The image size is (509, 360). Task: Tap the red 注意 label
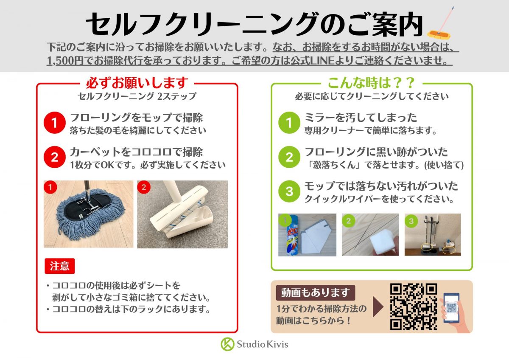(59, 266)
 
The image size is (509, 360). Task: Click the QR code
(413, 307)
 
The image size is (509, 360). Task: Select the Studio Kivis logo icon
(227, 344)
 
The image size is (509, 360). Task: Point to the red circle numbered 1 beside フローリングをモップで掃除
(55, 123)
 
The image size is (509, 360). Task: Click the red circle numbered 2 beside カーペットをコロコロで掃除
(55, 157)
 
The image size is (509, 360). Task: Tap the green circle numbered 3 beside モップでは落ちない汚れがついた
(289, 191)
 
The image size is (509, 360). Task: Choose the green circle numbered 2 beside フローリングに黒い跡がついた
(289, 157)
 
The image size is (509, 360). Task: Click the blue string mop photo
(88, 214)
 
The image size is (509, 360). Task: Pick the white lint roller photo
(182, 214)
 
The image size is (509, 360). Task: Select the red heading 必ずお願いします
(137, 83)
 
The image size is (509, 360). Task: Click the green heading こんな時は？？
(372, 83)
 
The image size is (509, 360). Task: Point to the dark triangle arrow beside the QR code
(378, 307)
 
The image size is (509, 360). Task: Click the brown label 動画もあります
(316, 292)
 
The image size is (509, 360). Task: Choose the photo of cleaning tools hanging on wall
(433, 235)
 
